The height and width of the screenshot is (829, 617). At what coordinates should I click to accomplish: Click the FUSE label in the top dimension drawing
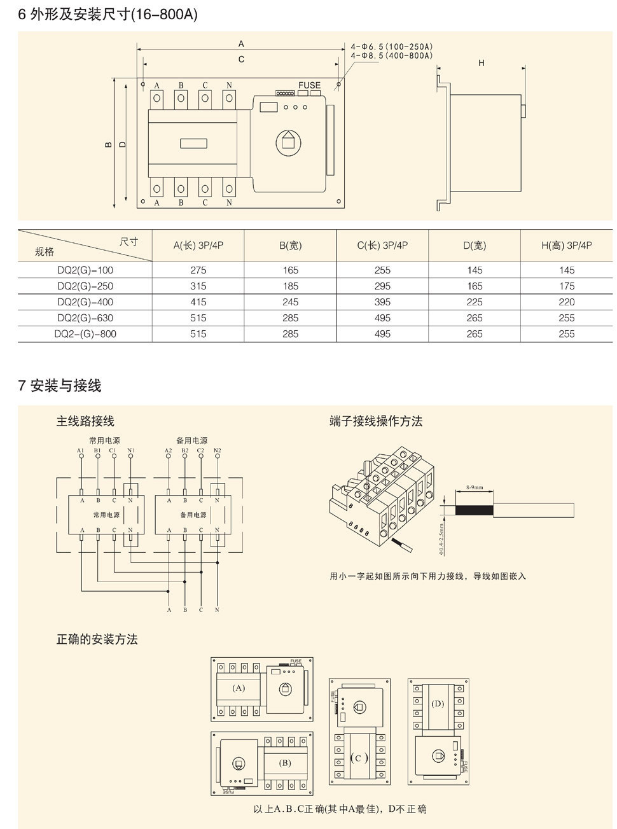coord(310,85)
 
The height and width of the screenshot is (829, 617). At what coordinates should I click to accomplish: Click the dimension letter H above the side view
coord(482,63)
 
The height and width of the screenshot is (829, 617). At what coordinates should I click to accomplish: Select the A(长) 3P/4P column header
coord(198,246)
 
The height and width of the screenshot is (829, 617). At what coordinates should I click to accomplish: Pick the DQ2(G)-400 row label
coord(85,302)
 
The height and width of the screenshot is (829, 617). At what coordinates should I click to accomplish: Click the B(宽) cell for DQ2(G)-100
coord(291,270)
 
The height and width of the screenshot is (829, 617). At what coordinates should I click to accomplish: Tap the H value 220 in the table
coord(566,302)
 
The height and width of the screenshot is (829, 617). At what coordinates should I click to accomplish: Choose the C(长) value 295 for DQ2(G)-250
coord(382,286)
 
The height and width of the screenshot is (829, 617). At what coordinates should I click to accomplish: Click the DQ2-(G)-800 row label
coord(85,334)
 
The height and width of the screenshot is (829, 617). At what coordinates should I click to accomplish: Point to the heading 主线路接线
coord(85,421)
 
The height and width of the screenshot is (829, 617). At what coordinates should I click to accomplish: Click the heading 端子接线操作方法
coord(376,421)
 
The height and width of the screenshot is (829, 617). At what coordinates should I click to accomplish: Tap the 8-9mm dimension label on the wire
coord(475,487)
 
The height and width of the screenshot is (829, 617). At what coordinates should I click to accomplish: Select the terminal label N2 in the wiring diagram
coord(217,451)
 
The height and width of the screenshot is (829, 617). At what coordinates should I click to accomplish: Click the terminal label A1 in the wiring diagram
coord(81,451)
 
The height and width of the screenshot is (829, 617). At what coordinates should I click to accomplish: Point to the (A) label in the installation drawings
coord(239,688)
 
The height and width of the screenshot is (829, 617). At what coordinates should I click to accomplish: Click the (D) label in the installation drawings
coord(438,704)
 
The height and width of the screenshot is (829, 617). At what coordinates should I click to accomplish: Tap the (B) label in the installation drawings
coord(284,763)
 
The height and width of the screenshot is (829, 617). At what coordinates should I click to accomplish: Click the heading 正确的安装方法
coord(97,639)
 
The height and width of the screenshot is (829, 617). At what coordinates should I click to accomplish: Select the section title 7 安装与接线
coord(60,386)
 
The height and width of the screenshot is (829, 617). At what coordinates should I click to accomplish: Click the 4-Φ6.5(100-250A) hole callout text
coord(392,47)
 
